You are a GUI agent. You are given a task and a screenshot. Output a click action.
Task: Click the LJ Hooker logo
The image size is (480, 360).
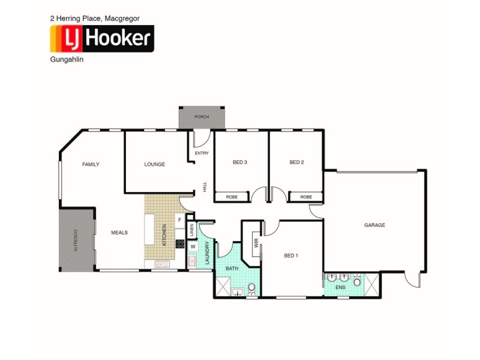click(101, 40)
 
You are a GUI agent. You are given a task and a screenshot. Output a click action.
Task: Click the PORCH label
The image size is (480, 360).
click(202, 116)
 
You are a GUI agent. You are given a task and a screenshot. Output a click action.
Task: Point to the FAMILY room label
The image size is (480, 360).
click(91, 164)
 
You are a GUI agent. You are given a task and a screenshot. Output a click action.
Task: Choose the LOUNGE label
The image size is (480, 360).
click(155, 164)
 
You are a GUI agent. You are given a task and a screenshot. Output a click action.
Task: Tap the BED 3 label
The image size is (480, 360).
click(240, 162)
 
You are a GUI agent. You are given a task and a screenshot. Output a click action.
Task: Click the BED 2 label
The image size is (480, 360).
click(297, 162)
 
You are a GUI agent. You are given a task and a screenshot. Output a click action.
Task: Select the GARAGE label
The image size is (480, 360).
click(374, 225)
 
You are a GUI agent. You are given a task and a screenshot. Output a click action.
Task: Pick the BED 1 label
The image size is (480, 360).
click(291, 256)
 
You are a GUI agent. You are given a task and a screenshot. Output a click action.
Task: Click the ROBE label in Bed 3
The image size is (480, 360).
click(231, 197)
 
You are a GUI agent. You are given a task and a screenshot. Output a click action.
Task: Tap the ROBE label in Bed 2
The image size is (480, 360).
click(306, 197)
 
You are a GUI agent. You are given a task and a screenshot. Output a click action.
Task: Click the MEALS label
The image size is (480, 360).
click(119, 232)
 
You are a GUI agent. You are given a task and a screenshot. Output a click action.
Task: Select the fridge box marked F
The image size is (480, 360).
click(179, 220)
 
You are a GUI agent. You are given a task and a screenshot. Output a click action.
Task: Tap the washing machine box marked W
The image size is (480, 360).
click(193, 246)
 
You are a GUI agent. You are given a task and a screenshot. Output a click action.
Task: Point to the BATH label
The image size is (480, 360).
click(232, 269)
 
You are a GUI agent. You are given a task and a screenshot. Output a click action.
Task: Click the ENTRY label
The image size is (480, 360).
click(202, 153)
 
